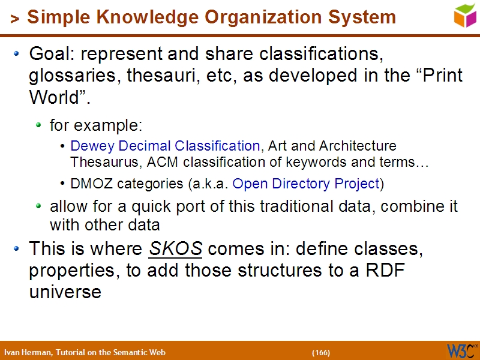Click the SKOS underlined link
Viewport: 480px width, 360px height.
(x=175, y=248)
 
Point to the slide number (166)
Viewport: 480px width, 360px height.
(x=321, y=352)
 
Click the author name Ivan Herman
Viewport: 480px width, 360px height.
(x=28, y=352)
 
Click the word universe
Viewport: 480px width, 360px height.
(x=65, y=292)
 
